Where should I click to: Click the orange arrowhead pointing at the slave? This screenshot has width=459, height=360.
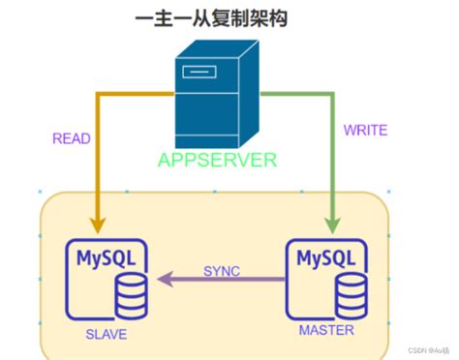96,221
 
